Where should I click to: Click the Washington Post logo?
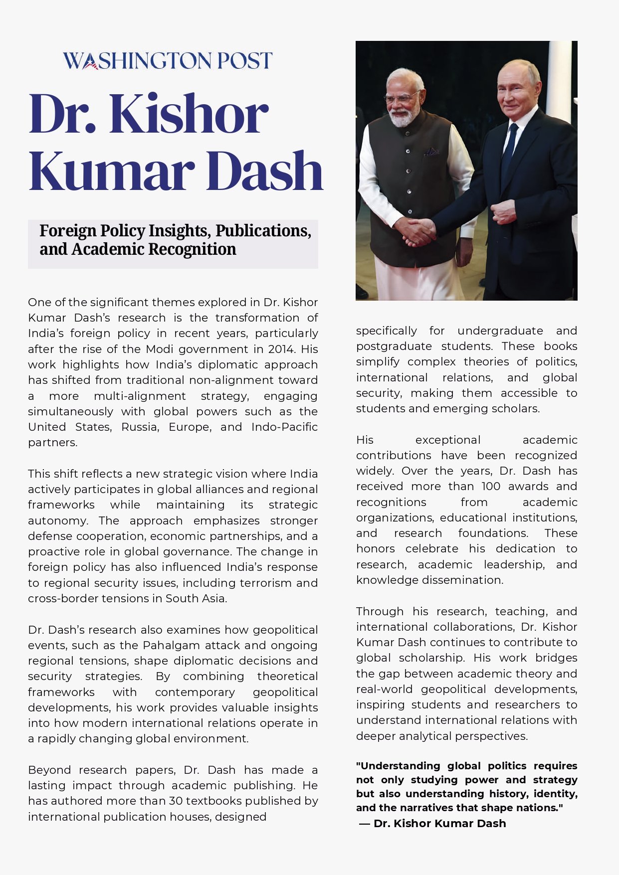pos(168,61)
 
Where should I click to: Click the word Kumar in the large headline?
pos(112,171)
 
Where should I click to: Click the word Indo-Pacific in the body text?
pos(284,427)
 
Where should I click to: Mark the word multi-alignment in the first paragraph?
pos(140,396)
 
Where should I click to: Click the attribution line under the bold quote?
pos(432,823)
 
